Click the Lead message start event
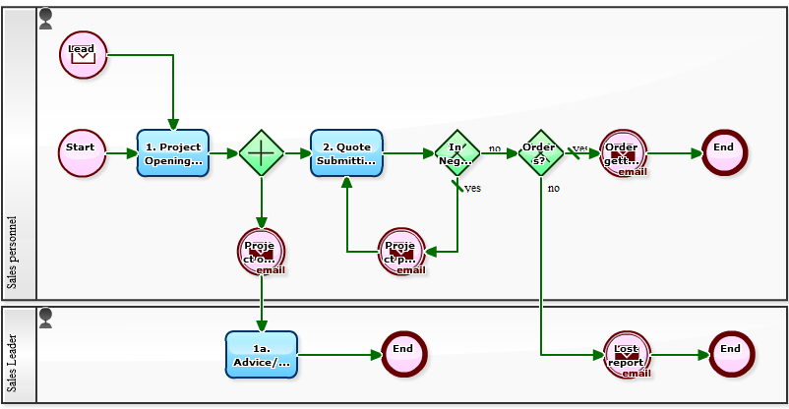click(83, 54)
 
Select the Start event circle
click(82, 153)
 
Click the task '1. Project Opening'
click(173, 153)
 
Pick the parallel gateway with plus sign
click(261, 153)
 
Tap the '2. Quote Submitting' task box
click(346, 153)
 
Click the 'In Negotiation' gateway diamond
click(456, 153)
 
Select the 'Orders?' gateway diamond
click(540, 153)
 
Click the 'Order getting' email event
click(623, 153)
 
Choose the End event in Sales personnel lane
click(724, 152)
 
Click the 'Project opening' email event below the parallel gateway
click(261, 251)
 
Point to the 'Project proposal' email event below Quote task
click(401, 251)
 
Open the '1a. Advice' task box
click(261, 355)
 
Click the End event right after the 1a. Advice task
click(403, 354)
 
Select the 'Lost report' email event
click(627, 355)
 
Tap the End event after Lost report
click(731, 354)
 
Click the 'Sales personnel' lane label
click(13, 252)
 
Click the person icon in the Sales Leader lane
click(45, 318)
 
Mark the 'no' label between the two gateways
click(495, 148)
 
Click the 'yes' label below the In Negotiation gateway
click(473, 188)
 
